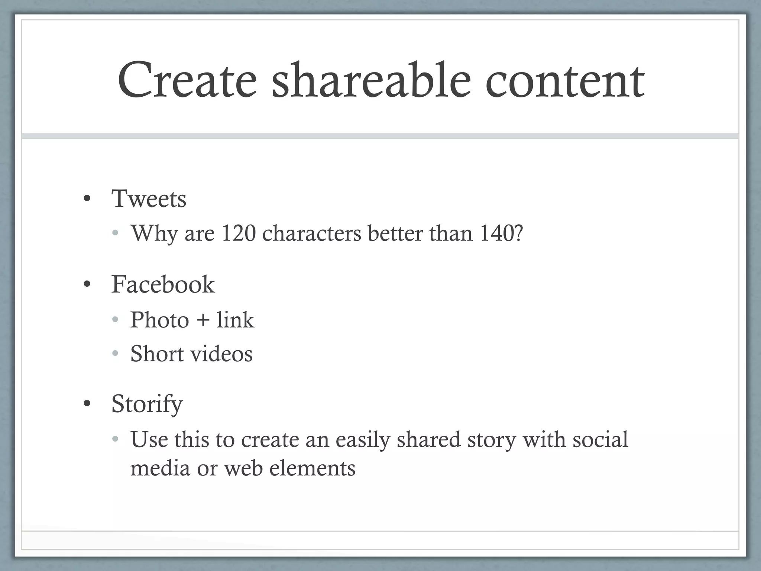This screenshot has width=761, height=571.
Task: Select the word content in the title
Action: tap(565, 81)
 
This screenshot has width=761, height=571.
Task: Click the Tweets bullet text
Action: tap(149, 199)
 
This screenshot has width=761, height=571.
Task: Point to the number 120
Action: tap(239, 233)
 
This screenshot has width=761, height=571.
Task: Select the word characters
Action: tap(312, 233)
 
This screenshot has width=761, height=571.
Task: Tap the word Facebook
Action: tap(163, 284)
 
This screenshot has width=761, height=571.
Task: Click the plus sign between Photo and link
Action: tap(203, 320)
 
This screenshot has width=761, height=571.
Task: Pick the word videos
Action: tap(221, 354)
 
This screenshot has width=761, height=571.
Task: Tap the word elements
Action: tap(312, 468)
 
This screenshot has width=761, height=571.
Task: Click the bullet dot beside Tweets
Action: tap(87, 199)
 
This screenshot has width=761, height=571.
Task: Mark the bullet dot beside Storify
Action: tap(87, 404)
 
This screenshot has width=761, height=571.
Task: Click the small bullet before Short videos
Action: tap(115, 354)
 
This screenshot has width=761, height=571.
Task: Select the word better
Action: tap(395, 233)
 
